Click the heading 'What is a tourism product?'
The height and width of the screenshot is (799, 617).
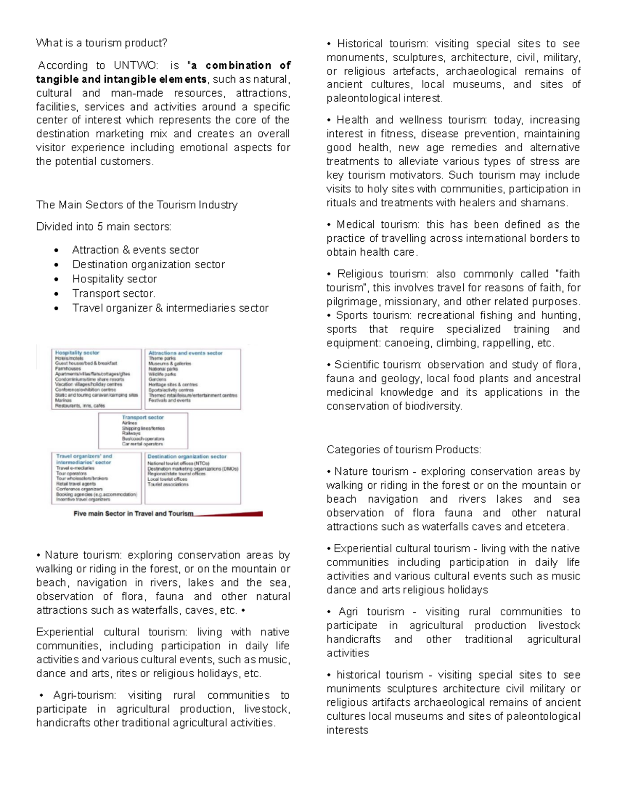[101, 43]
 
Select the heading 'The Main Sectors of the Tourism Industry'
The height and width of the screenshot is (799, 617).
[137, 205]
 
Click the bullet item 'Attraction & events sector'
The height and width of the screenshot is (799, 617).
[135, 250]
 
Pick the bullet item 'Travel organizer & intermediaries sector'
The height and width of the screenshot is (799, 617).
[170, 308]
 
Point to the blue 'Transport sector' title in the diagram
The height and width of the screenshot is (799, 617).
[142, 417]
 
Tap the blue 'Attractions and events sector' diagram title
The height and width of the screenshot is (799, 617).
[185, 353]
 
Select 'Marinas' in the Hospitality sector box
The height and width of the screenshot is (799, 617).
[63, 400]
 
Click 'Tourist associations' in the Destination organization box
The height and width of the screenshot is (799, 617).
[168, 484]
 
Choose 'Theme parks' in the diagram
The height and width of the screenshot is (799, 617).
[162, 358]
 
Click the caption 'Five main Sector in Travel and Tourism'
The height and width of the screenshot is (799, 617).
[133, 513]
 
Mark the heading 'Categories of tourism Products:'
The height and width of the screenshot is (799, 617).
[404, 450]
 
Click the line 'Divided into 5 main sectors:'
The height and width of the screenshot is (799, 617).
[103, 227]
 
